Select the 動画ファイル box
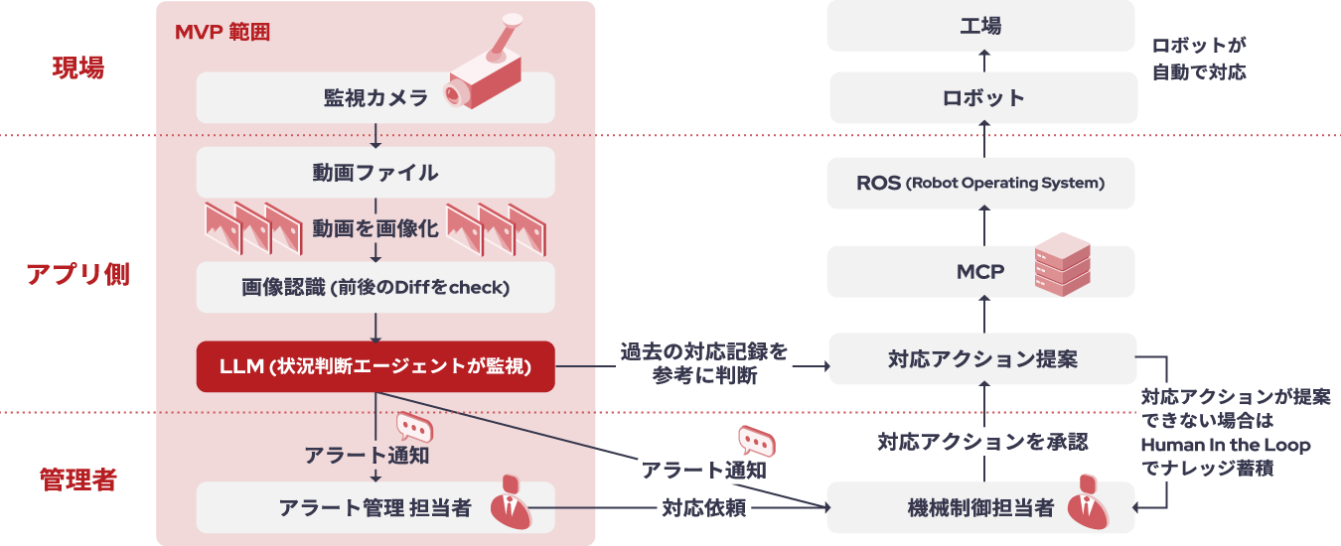click(375, 173)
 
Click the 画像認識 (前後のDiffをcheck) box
click(375, 288)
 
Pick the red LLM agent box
click(375, 366)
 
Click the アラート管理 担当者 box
click(375, 507)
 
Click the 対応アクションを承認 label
click(982, 442)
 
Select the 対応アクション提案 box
click(981, 359)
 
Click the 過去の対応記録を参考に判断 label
click(704, 363)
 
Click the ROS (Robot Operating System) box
click(981, 184)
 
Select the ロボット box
click(981, 97)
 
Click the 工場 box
click(981, 26)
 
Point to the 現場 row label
click(77, 68)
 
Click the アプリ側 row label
click(77, 275)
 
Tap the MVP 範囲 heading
click(223, 32)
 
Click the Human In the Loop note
click(1235, 432)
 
